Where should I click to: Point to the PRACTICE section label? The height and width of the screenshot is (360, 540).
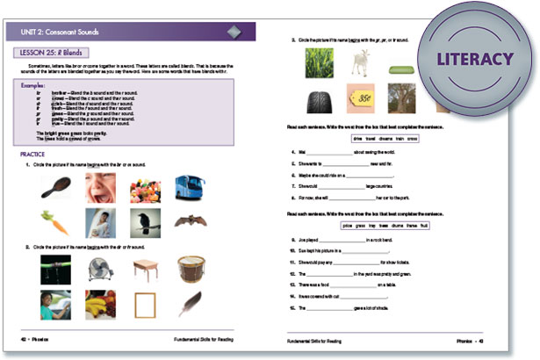tap(33, 155)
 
